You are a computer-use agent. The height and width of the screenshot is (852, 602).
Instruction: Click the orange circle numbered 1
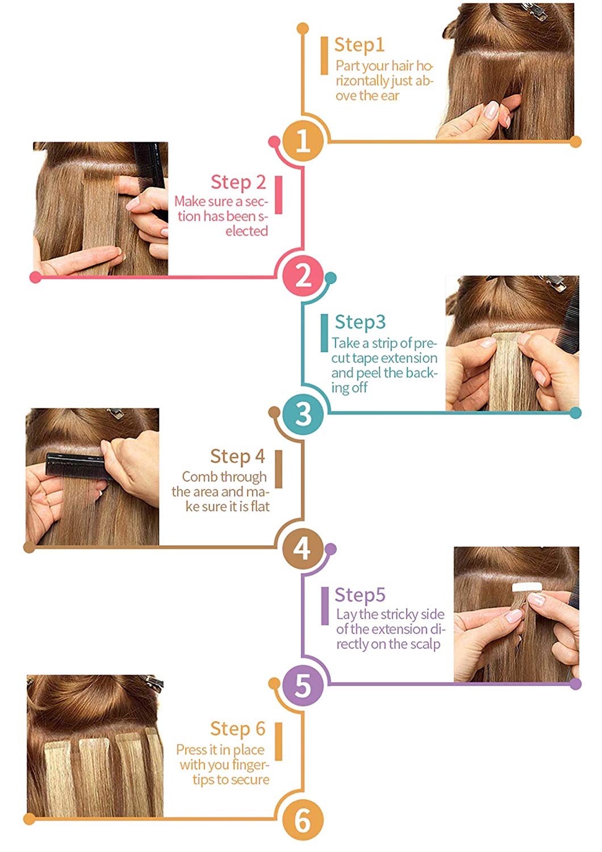pyautogui.click(x=303, y=141)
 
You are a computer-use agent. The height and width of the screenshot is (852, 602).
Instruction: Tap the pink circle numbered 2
pyautogui.click(x=303, y=276)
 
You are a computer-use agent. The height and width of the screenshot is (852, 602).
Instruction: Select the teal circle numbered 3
pyautogui.click(x=303, y=414)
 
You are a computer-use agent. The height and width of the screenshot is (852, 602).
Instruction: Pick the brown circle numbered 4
pyautogui.click(x=303, y=549)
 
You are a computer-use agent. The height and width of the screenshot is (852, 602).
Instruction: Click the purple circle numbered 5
pyautogui.click(x=303, y=685)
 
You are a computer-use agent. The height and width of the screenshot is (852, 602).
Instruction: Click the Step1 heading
pyautogui.click(x=359, y=45)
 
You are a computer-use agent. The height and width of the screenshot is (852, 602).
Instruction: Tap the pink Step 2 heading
pyautogui.click(x=238, y=182)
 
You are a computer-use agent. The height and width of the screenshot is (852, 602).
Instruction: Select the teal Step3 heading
pyautogui.click(x=360, y=323)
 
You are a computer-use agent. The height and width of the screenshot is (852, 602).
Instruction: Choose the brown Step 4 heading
pyautogui.click(x=238, y=457)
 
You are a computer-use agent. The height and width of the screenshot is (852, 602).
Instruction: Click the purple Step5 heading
pyautogui.click(x=360, y=595)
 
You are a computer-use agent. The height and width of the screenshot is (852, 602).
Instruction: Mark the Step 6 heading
pyautogui.click(x=238, y=729)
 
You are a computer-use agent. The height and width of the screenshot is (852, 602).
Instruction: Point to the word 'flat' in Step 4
pyautogui.click(x=260, y=507)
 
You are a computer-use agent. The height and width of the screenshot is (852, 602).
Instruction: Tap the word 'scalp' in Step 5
pyautogui.click(x=425, y=645)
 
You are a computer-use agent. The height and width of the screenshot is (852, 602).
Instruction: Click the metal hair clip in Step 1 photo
pyautogui.click(x=534, y=10)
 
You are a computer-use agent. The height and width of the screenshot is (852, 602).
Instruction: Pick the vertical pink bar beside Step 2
pyautogui.click(x=279, y=195)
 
